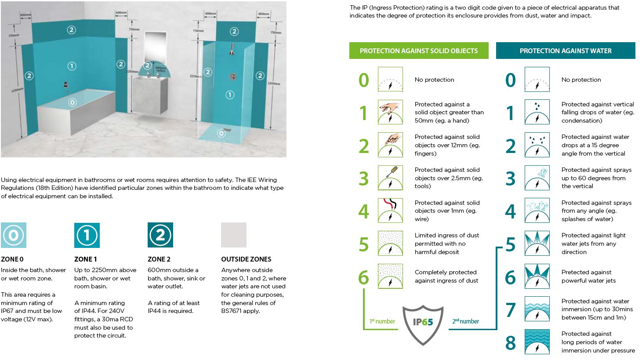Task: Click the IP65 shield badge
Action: click(x=423, y=323)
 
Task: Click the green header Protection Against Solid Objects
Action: click(x=418, y=51)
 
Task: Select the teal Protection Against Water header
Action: click(x=565, y=51)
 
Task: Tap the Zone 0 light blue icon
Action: click(x=14, y=235)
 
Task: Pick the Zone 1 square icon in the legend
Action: click(x=87, y=235)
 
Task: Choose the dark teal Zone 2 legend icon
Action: click(x=160, y=235)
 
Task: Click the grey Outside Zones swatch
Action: click(x=234, y=235)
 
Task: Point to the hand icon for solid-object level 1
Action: click(x=390, y=112)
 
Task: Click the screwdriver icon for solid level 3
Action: click(x=390, y=178)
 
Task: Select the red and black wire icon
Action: click(x=390, y=210)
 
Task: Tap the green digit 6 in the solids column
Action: click(x=364, y=277)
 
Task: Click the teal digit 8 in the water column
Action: click(x=510, y=343)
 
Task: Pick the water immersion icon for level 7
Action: click(x=537, y=309)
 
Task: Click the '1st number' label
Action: click(x=382, y=321)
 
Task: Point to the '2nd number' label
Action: click(x=466, y=321)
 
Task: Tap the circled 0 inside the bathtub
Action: click(x=73, y=102)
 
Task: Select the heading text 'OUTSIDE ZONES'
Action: click(x=246, y=259)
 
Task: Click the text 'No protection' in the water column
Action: click(x=581, y=80)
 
